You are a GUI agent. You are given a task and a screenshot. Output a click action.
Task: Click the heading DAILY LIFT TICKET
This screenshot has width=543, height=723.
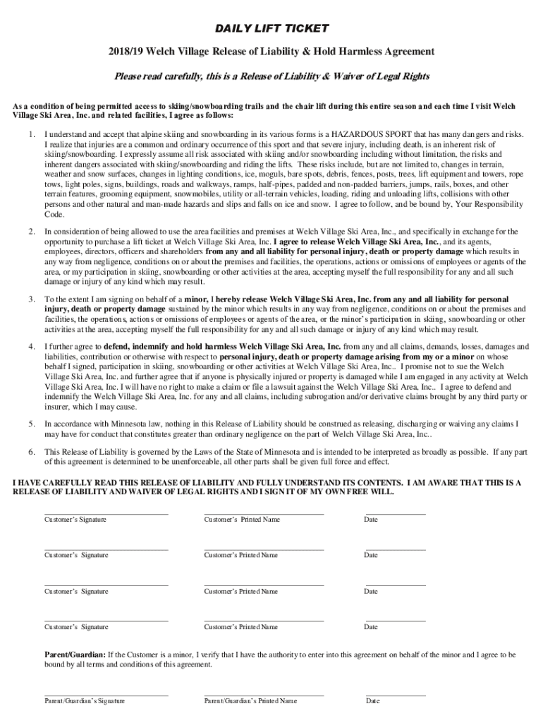[x=271, y=28]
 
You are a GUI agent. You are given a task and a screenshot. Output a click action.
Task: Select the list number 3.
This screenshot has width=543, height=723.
[x=31, y=299]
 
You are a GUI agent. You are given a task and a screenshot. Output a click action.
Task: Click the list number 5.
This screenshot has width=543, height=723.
[x=31, y=424]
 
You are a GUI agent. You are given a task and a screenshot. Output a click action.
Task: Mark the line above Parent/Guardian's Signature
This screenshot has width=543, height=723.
[x=106, y=695]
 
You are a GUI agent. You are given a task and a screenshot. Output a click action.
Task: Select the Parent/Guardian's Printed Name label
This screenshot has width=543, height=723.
[x=250, y=701]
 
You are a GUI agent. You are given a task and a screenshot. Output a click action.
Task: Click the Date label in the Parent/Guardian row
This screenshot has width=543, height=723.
[x=372, y=701]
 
